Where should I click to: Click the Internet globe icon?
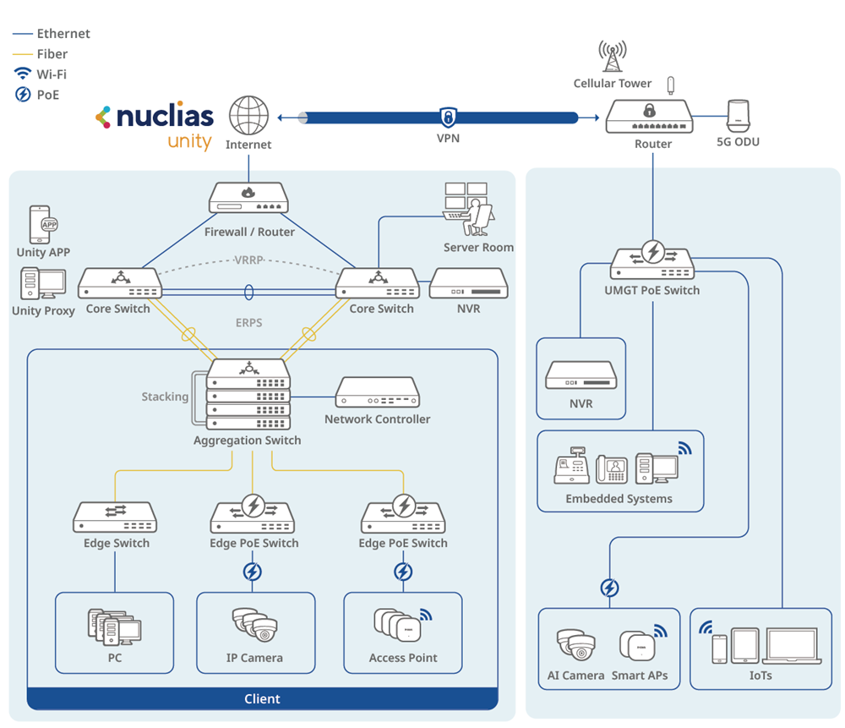coord(248,116)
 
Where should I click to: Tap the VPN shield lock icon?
coord(448,117)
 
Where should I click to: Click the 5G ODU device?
coord(739,116)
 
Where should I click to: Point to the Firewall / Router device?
coord(248,198)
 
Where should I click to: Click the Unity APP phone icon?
coord(42,224)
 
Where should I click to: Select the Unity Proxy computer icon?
coord(43,284)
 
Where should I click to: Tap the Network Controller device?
coord(377,392)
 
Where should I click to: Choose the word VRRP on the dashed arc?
coord(248,260)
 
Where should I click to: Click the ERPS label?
coord(248,322)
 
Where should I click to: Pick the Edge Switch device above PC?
coord(116,517)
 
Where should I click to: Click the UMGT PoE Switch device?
coord(651,260)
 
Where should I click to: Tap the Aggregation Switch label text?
coord(247,441)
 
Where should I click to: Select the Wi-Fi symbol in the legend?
coord(23,74)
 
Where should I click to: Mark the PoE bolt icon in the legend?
coord(23,95)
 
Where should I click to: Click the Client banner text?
coord(262,699)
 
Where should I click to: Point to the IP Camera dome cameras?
coord(254,627)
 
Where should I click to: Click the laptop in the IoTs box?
coord(791,646)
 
